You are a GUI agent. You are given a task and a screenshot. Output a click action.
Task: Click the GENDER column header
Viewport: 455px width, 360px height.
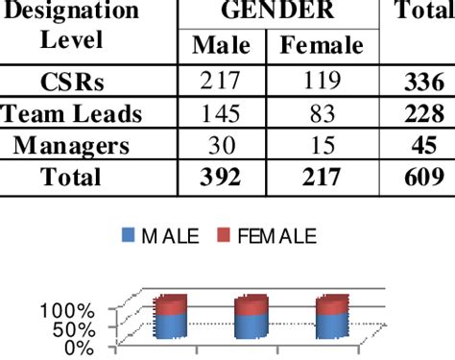pos(277,12)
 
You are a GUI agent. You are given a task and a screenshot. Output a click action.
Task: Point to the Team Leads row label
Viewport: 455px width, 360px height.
pos(72,113)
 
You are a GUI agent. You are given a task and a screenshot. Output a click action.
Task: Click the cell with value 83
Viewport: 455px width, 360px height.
pos(322,113)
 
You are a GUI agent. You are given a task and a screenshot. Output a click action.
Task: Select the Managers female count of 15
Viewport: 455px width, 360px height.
pos(322,145)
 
